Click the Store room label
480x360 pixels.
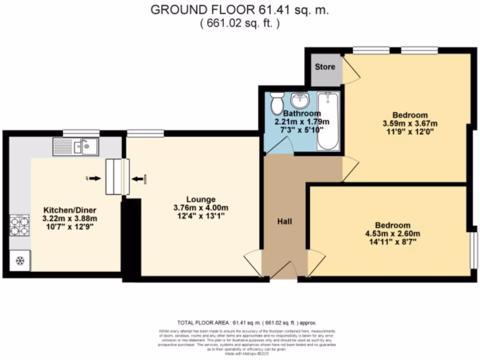click(325, 67)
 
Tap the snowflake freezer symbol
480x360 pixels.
click(20, 261)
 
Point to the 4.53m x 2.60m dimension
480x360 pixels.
click(393, 234)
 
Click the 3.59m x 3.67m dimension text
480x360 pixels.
click(410, 123)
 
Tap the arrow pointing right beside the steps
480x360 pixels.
click(94, 178)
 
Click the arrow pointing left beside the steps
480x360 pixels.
click(138, 178)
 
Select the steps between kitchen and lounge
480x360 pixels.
click(117, 177)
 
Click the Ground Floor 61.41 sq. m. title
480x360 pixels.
click(240, 10)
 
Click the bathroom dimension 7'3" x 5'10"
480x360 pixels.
click(302, 130)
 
